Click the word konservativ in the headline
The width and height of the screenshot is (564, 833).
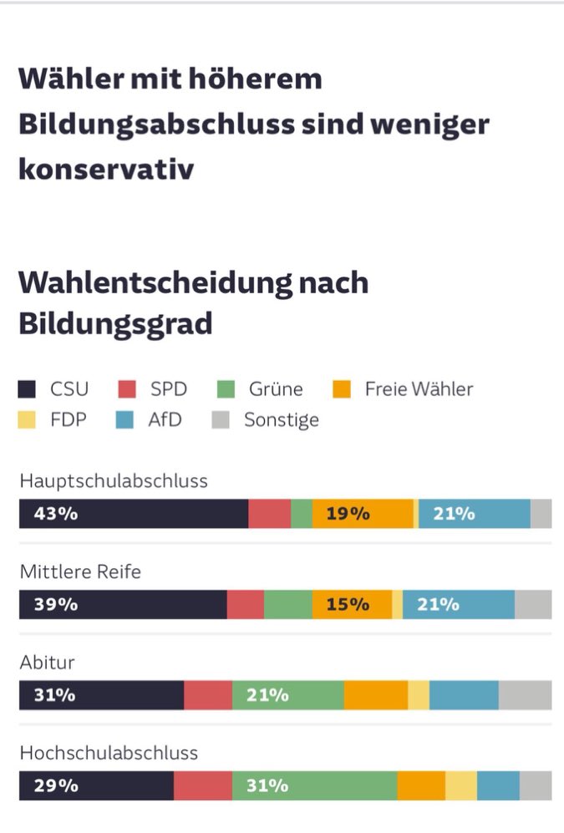tap(106, 170)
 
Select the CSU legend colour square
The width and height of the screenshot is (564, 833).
tap(28, 389)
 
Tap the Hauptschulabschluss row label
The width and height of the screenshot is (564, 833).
tap(114, 482)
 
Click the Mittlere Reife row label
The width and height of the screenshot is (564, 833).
tap(80, 572)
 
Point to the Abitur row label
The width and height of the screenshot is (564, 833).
tap(48, 663)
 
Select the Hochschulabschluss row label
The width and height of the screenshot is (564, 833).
tap(109, 753)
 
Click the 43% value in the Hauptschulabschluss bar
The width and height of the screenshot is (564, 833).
tap(56, 514)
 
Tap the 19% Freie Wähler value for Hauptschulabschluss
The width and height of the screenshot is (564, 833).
tap(348, 514)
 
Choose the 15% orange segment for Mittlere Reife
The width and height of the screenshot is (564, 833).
tap(348, 604)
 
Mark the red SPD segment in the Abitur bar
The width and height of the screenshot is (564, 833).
tap(208, 695)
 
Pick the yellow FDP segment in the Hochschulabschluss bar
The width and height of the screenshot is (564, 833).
tap(460, 785)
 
